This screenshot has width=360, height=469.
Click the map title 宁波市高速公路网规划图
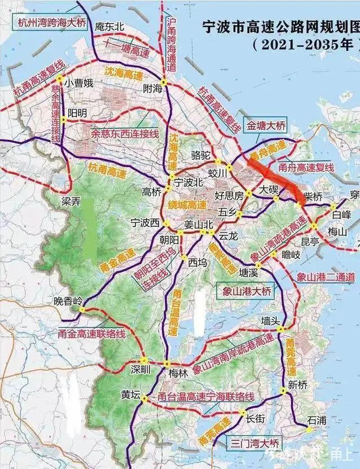point(281,27)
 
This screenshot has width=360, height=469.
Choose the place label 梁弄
point(72,201)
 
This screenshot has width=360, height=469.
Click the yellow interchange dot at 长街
point(244,411)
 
